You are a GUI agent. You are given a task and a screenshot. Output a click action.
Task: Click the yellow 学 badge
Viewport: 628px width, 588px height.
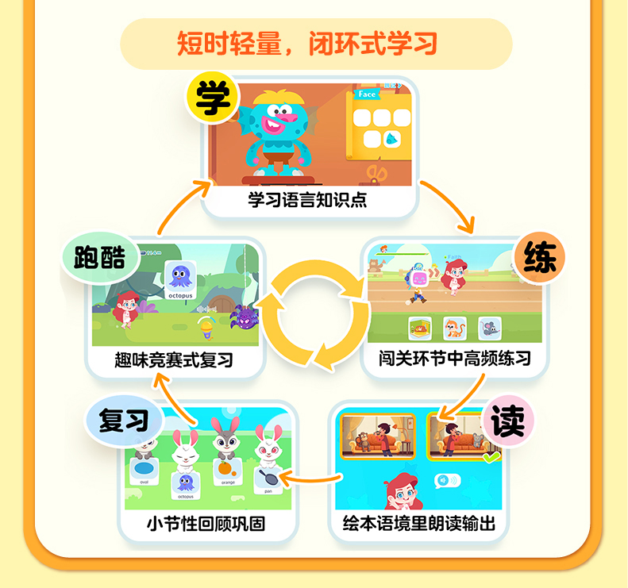point(213,98)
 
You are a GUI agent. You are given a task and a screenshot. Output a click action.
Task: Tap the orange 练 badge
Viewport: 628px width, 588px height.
point(540,259)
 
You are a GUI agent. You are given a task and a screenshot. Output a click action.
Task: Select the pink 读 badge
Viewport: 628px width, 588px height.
point(507,419)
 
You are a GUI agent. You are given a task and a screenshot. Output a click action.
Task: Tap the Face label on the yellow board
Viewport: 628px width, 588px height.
point(368,94)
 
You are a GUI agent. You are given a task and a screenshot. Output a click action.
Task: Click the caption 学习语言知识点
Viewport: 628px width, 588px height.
point(308,200)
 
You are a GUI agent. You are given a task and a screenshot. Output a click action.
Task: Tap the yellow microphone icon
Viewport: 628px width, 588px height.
point(205,325)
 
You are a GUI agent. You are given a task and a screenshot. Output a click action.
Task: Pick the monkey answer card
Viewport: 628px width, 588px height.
point(454,327)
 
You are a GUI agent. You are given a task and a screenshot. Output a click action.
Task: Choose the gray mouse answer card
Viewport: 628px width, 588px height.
point(489,327)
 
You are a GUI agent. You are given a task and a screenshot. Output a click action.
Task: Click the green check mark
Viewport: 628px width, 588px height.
point(492,458)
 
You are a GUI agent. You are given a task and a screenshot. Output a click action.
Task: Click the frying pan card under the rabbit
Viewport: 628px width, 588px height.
point(268,477)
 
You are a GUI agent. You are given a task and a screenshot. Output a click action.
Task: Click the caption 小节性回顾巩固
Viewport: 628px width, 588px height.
point(206,525)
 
